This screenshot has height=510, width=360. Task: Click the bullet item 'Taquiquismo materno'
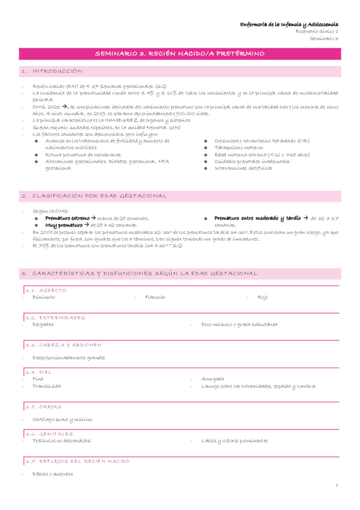click(x=237, y=147)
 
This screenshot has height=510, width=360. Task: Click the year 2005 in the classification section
click(x=43, y=231)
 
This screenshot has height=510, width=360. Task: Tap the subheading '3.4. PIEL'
click(x=35, y=372)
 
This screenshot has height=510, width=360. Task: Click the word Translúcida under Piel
click(x=46, y=386)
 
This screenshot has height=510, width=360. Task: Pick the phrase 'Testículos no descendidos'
click(x=61, y=440)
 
